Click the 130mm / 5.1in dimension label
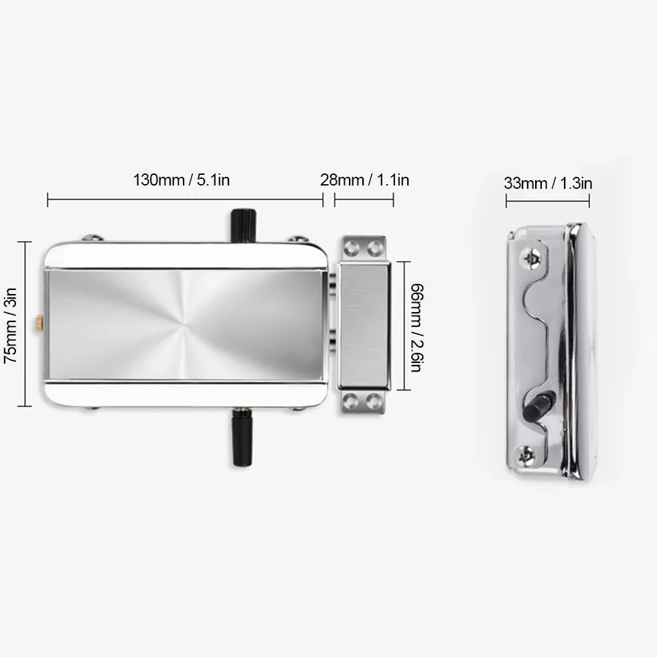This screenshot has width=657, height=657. point(181,180)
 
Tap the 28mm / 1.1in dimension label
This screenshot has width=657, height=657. point(364,180)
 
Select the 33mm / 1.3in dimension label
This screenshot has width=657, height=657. point(548,184)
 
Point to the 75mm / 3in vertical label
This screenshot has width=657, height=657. point(11,325)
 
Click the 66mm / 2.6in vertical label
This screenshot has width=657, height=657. point(417,327)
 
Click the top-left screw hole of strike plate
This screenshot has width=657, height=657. point(351,248)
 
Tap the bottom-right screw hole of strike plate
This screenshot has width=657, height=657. point(374,401)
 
